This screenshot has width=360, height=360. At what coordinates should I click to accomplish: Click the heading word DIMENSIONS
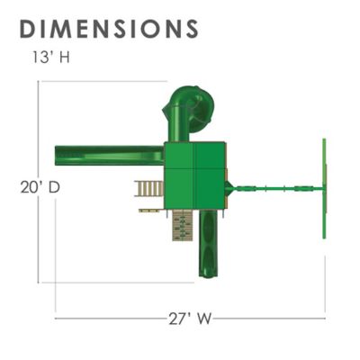(108, 28)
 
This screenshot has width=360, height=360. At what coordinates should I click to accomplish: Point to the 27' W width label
(192, 318)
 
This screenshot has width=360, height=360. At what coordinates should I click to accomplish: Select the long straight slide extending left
(109, 156)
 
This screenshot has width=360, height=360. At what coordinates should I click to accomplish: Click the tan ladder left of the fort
(148, 188)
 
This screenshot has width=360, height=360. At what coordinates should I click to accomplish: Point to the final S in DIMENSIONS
(190, 28)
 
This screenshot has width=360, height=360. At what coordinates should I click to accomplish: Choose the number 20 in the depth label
(27, 188)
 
